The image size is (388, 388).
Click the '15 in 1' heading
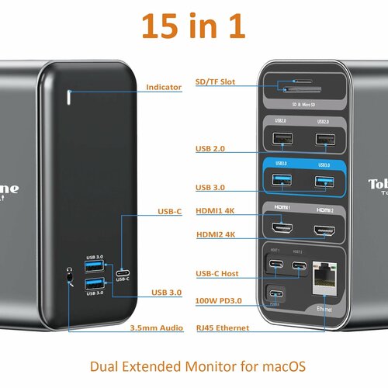pos(194,26)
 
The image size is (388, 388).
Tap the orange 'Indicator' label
pos(164,88)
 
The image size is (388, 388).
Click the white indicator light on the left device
pos(70,98)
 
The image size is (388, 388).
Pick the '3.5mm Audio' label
pos(157,328)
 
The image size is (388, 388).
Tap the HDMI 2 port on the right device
pos(324,231)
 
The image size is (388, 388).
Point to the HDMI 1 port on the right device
pos(282,231)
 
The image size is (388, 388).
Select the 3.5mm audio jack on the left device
pos(71,273)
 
